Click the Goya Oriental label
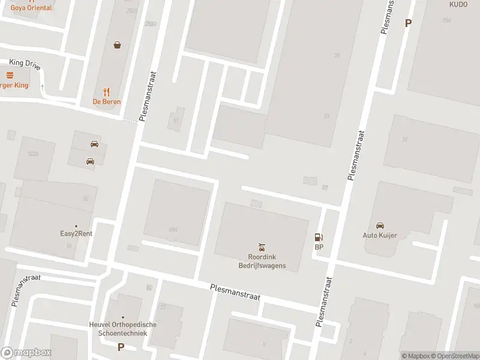[31, 8]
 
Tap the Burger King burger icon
[10, 75]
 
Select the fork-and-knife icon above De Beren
[107, 92]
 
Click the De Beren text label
[107, 102]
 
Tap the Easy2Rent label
[76, 234]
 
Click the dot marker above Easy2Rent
[76, 226]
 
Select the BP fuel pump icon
[319, 238]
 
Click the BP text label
[319, 247]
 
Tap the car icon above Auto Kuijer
[380, 226]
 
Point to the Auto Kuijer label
[380, 235]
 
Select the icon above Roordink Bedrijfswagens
[262, 247]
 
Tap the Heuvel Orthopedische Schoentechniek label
[123, 329]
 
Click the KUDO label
[458, 4]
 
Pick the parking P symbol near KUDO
[409, 23]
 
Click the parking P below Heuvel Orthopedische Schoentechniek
[121, 347]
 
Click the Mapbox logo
[26, 353]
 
